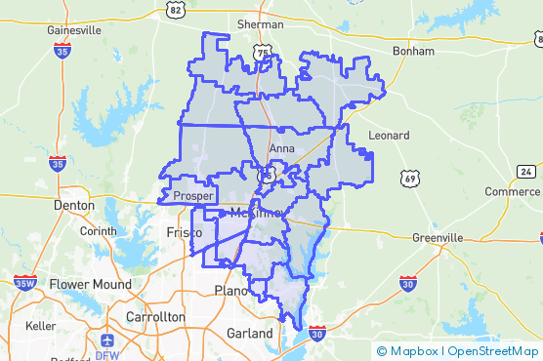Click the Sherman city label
coord(260,24)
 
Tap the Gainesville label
coord(74,30)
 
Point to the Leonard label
coord(388,135)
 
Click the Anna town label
coord(281,149)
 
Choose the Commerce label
coord(513,191)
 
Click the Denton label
coord(74,206)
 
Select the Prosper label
coord(192,195)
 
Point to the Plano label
coord(230,291)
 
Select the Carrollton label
coord(155,317)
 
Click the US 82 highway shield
coord(176,9)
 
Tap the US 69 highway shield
coord(408,178)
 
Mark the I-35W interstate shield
coord(24,284)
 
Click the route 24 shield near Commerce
coord(526,172)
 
